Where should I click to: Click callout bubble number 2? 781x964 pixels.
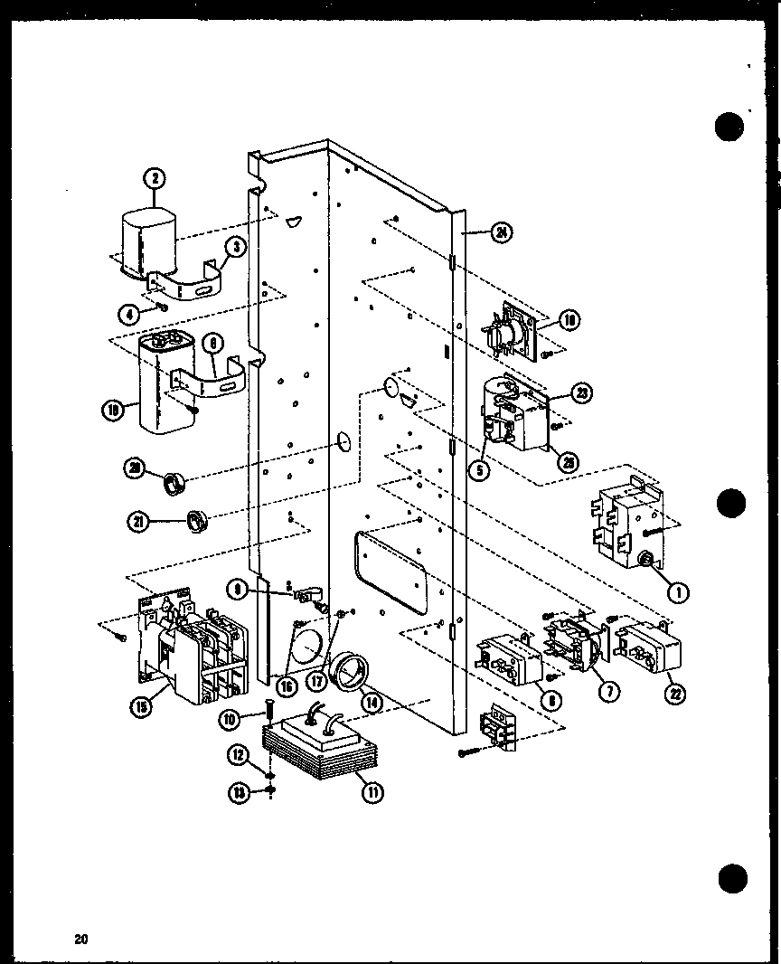(155, 178)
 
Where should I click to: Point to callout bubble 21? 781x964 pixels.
(138, 520)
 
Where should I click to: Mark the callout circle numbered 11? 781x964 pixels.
(371, 792)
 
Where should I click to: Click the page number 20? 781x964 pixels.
(81, 940)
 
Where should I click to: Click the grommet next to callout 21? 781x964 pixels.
(197, 520)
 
